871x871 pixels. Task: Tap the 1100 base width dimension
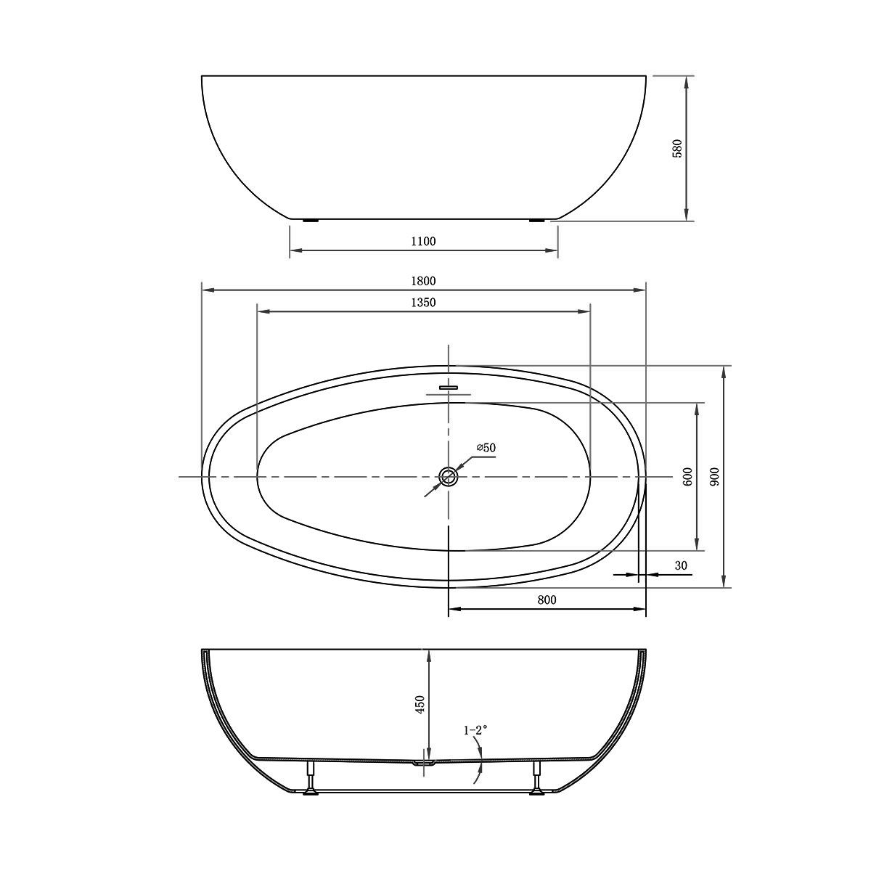point(423,242)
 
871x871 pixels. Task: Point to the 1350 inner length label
point(423,302)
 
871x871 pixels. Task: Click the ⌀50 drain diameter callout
point(486,449)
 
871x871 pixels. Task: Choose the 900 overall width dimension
point(714,477)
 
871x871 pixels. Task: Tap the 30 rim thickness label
point(680,565)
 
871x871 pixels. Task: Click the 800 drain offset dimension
point(547,600)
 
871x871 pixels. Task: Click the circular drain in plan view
point(449,477)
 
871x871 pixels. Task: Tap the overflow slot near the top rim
point(449,387)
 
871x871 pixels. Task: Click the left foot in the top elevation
point(310,220)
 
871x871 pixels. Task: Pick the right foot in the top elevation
point(537,220)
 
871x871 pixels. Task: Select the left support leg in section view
point(310,778)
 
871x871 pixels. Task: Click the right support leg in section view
point(538,778)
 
